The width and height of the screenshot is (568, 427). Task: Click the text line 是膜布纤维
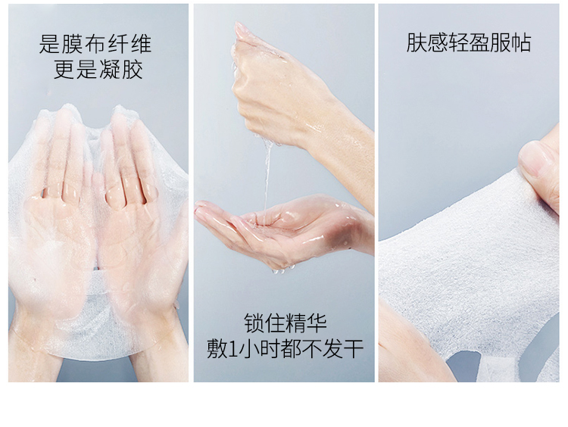[95, 44]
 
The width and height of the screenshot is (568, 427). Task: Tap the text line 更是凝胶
[98, 69]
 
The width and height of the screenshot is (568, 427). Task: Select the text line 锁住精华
[285, 323]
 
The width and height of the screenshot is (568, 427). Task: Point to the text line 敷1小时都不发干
[285, 348]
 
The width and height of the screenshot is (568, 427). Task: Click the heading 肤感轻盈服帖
[469, 42]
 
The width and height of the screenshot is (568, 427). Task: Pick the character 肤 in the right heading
[417, 42]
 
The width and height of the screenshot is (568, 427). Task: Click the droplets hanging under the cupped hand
[283, 269]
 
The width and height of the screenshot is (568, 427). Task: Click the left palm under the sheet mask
[55, 232]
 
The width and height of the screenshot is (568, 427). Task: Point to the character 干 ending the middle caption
[353, 349]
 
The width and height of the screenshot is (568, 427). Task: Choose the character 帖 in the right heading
[521, 42]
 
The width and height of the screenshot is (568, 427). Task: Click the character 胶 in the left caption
[133, 69]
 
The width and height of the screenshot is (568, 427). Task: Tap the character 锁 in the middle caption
[254, 323]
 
